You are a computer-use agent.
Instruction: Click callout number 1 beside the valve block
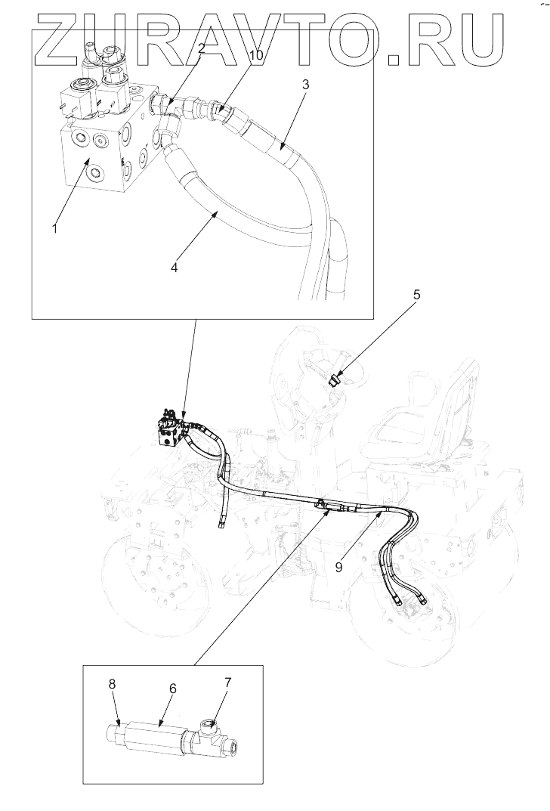click(54, 228)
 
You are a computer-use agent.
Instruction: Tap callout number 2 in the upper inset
click(202, 48)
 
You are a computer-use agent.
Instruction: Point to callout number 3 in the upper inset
click(305, 84)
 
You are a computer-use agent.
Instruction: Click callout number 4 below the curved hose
click(175, 268)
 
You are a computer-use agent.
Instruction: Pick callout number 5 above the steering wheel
click(416, 295)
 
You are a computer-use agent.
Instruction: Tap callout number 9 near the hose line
click(339, 567)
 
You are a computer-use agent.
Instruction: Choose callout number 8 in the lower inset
click(112, 683)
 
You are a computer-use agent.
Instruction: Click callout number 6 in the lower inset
click(173, 689)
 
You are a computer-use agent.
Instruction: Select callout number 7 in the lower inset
click(227, 683)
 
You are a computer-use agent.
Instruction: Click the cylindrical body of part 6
click(155, 735)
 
